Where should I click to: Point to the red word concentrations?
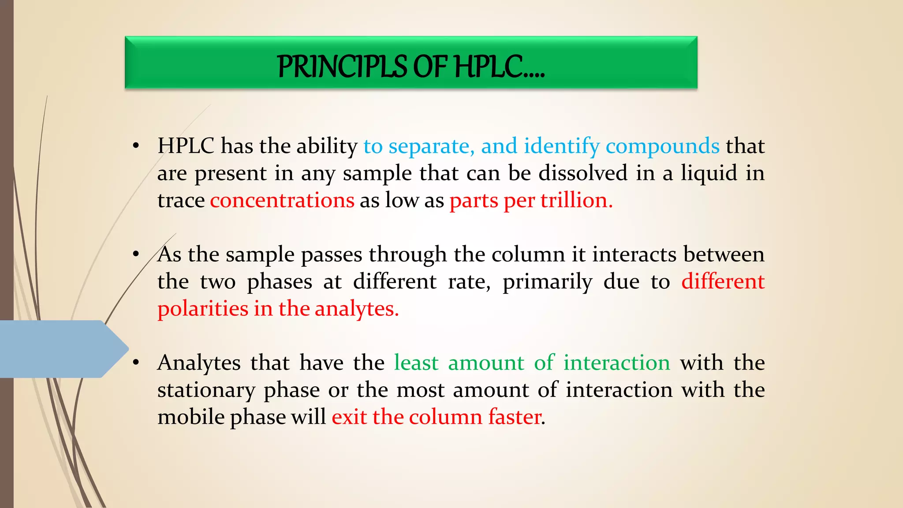tap(282, 201)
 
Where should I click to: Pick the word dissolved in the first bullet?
tap(582, 173)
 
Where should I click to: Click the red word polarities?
tap(203, 309)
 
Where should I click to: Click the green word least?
tap(416, 363)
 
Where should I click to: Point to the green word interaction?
tap(616, 363)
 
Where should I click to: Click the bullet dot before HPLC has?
tap(136, 146)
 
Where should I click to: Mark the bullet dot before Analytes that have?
tap(136, 363)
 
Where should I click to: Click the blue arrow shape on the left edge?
tap(57, 349)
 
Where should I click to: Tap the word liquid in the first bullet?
tap(709, 173)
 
